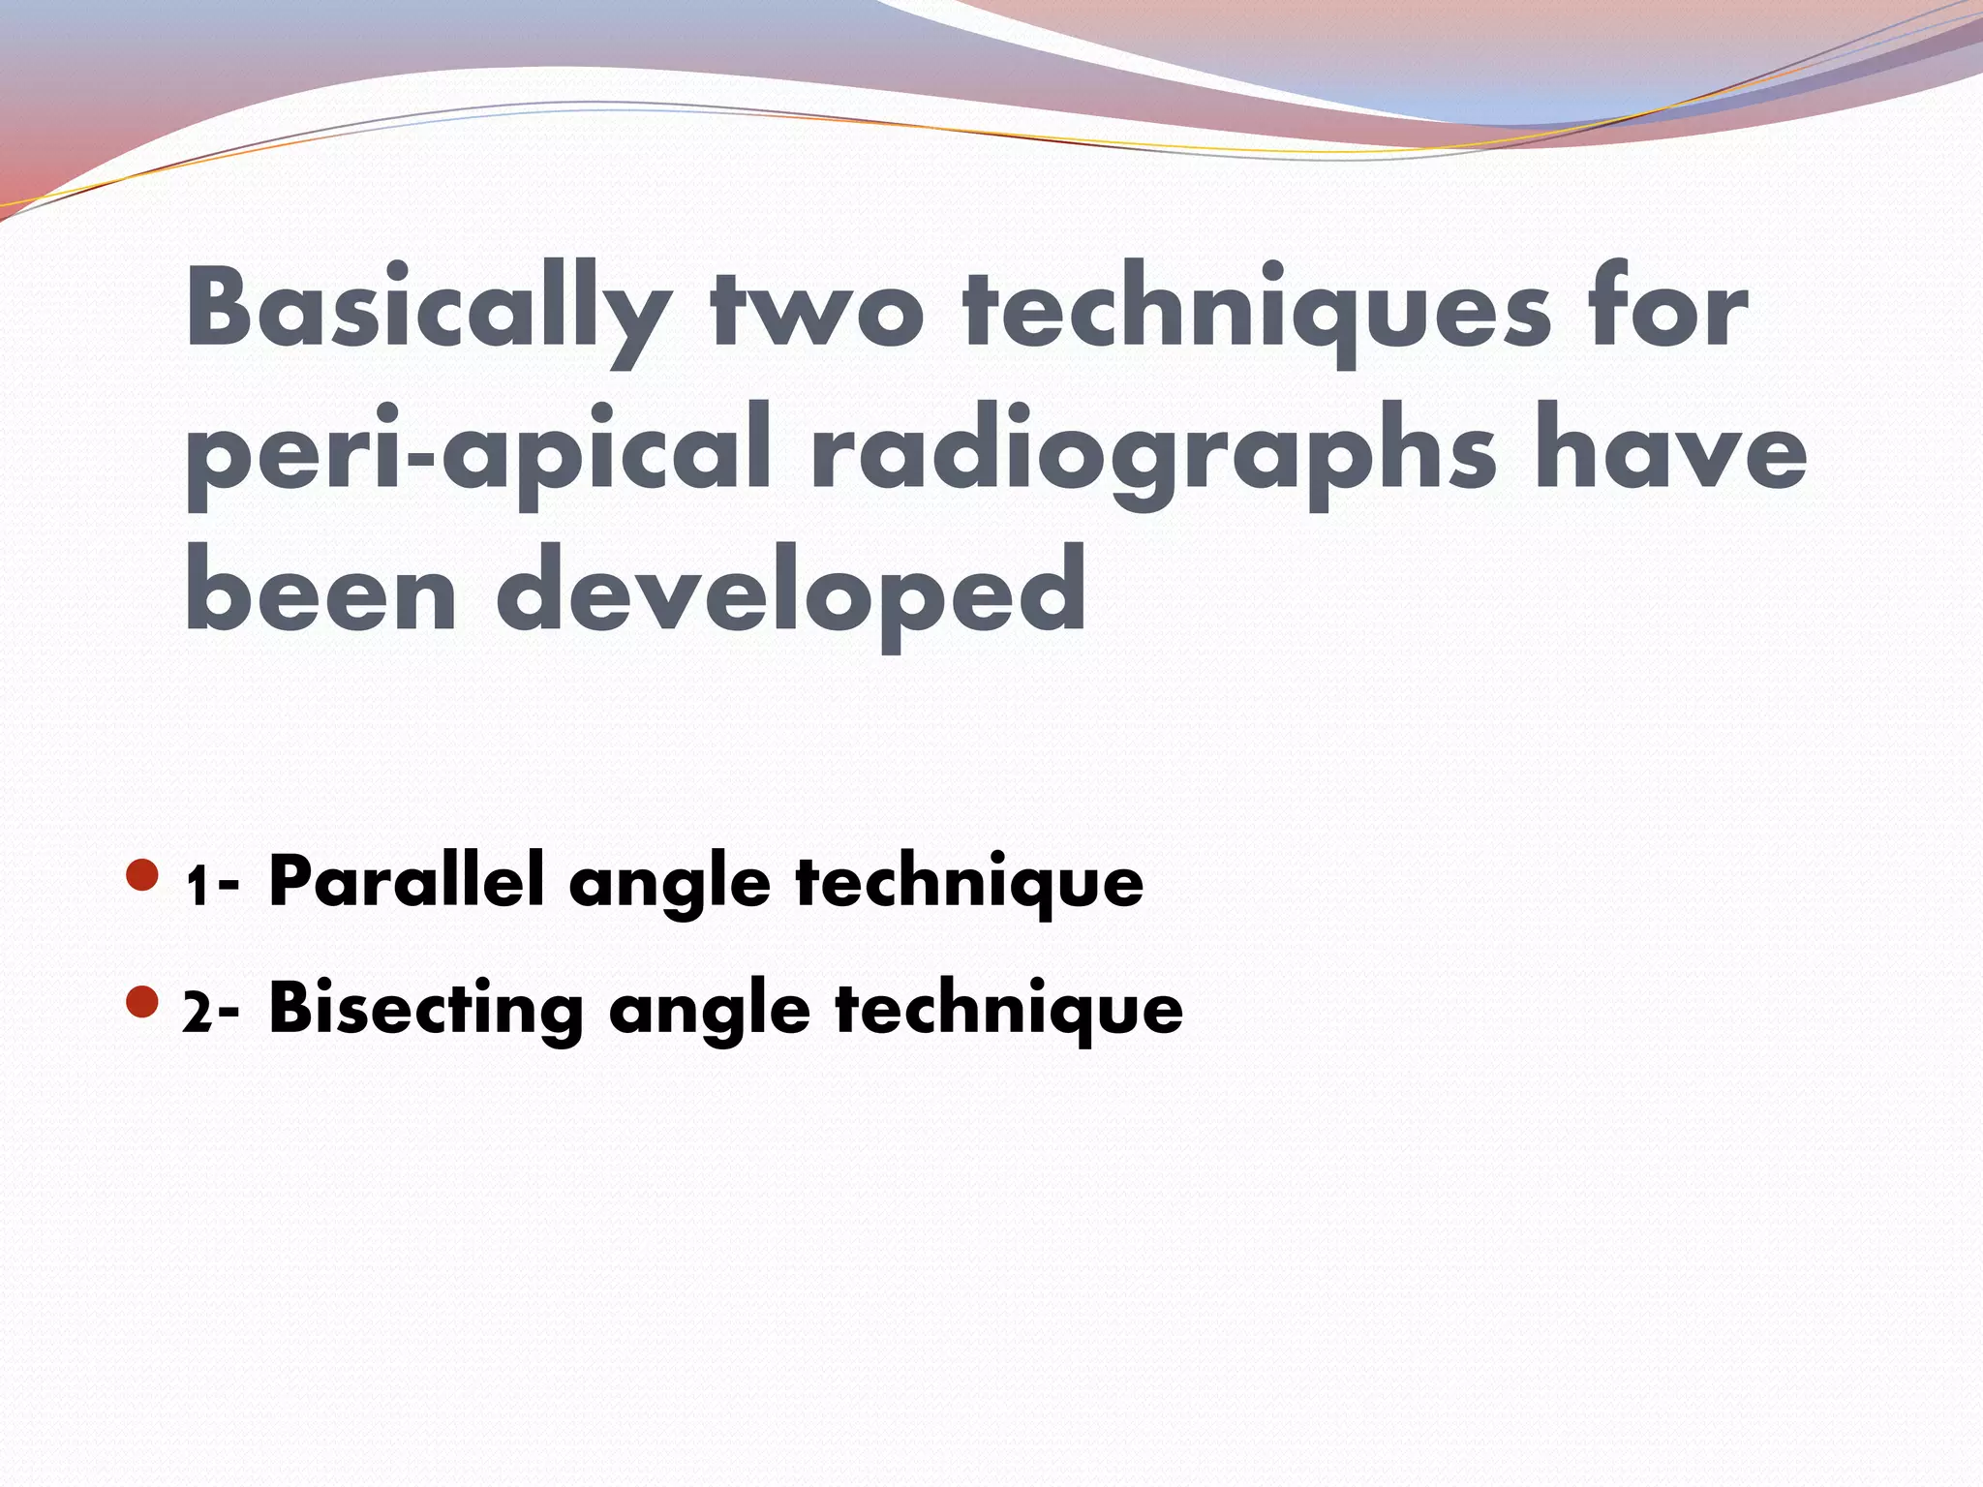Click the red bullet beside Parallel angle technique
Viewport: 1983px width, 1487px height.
[142, 875]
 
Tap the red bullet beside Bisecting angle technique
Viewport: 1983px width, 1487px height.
[142, 1002]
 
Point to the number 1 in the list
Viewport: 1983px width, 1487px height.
[198, 886]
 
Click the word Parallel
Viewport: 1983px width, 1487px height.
[406, 880]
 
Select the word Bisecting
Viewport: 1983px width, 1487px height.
[426, 1010]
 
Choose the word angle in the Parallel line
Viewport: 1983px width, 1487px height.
[669, 886]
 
